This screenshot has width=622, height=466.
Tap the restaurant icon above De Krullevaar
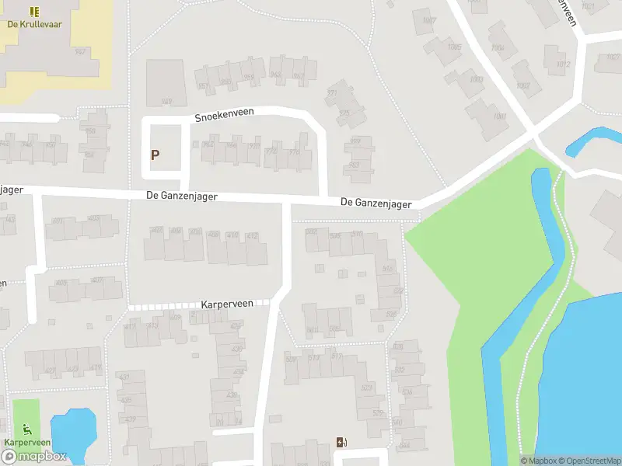pos(34,12)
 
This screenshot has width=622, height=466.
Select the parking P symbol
pos(155,155)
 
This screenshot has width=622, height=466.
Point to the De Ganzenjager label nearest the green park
pos(376,203)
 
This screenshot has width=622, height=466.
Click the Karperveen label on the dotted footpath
pos(227,304)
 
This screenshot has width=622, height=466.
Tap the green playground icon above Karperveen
pos(27,428)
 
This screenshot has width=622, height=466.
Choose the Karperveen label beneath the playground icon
pos(27,442)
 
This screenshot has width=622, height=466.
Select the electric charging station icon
pos(341,443)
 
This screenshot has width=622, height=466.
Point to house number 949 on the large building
pos(166,102)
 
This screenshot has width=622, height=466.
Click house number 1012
pos(564,64)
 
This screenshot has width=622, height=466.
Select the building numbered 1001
pos(499,116)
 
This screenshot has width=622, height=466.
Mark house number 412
pos(252,235)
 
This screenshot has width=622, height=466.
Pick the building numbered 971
pos(333,92)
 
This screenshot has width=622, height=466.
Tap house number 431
pos(122,377)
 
